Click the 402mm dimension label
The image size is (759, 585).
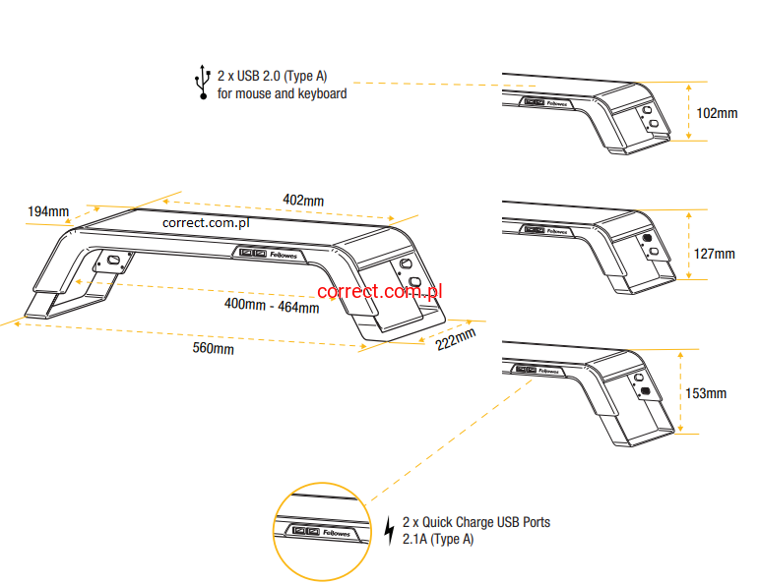(303, 201)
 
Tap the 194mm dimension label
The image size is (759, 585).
(48, 211)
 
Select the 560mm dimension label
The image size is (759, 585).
(213, 349)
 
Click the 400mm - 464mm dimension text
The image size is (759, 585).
(272, 307)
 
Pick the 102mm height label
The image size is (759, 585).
(717, 113)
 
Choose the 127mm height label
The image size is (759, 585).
(715, 254)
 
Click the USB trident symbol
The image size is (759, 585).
(203, 83)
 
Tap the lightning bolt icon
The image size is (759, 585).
(389, 531)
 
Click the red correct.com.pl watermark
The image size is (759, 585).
(380, 291)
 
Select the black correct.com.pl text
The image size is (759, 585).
(206, 222)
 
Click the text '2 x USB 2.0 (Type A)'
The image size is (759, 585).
(272, 74)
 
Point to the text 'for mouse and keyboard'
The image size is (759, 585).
(282, 94)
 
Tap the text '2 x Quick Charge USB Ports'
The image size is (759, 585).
(476, 522)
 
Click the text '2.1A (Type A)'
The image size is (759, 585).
(437, 540)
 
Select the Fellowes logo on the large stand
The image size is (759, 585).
(286, 254)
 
